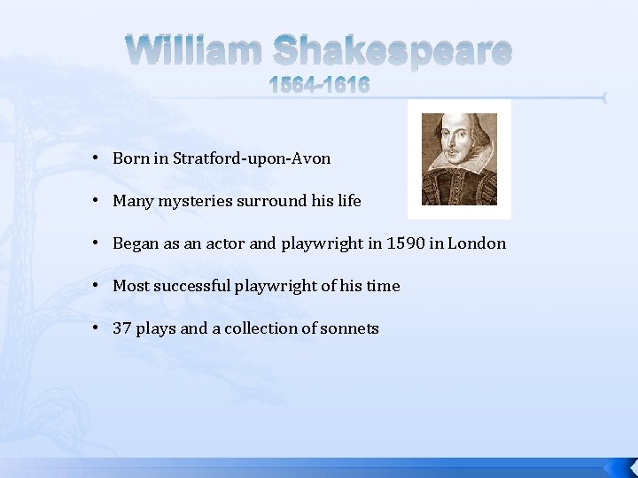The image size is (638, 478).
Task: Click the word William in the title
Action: click(193, 51)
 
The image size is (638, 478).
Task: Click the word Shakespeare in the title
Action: click(391, 53)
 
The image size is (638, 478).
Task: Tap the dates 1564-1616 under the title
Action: click(319, 86)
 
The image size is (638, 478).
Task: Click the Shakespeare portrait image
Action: click(459, 159)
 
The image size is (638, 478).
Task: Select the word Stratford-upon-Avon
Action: click(252, 158)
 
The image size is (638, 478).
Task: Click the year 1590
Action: click(405, 243)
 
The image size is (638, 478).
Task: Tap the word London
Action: click(477, 243)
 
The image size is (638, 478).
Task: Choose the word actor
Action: click(225, 243)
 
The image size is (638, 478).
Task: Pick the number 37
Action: click(122, 328)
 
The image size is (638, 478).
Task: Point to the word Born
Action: click(130, 158)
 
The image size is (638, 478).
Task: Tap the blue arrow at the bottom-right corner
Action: click(618, 467)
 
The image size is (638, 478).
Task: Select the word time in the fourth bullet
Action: click(383, 286)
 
